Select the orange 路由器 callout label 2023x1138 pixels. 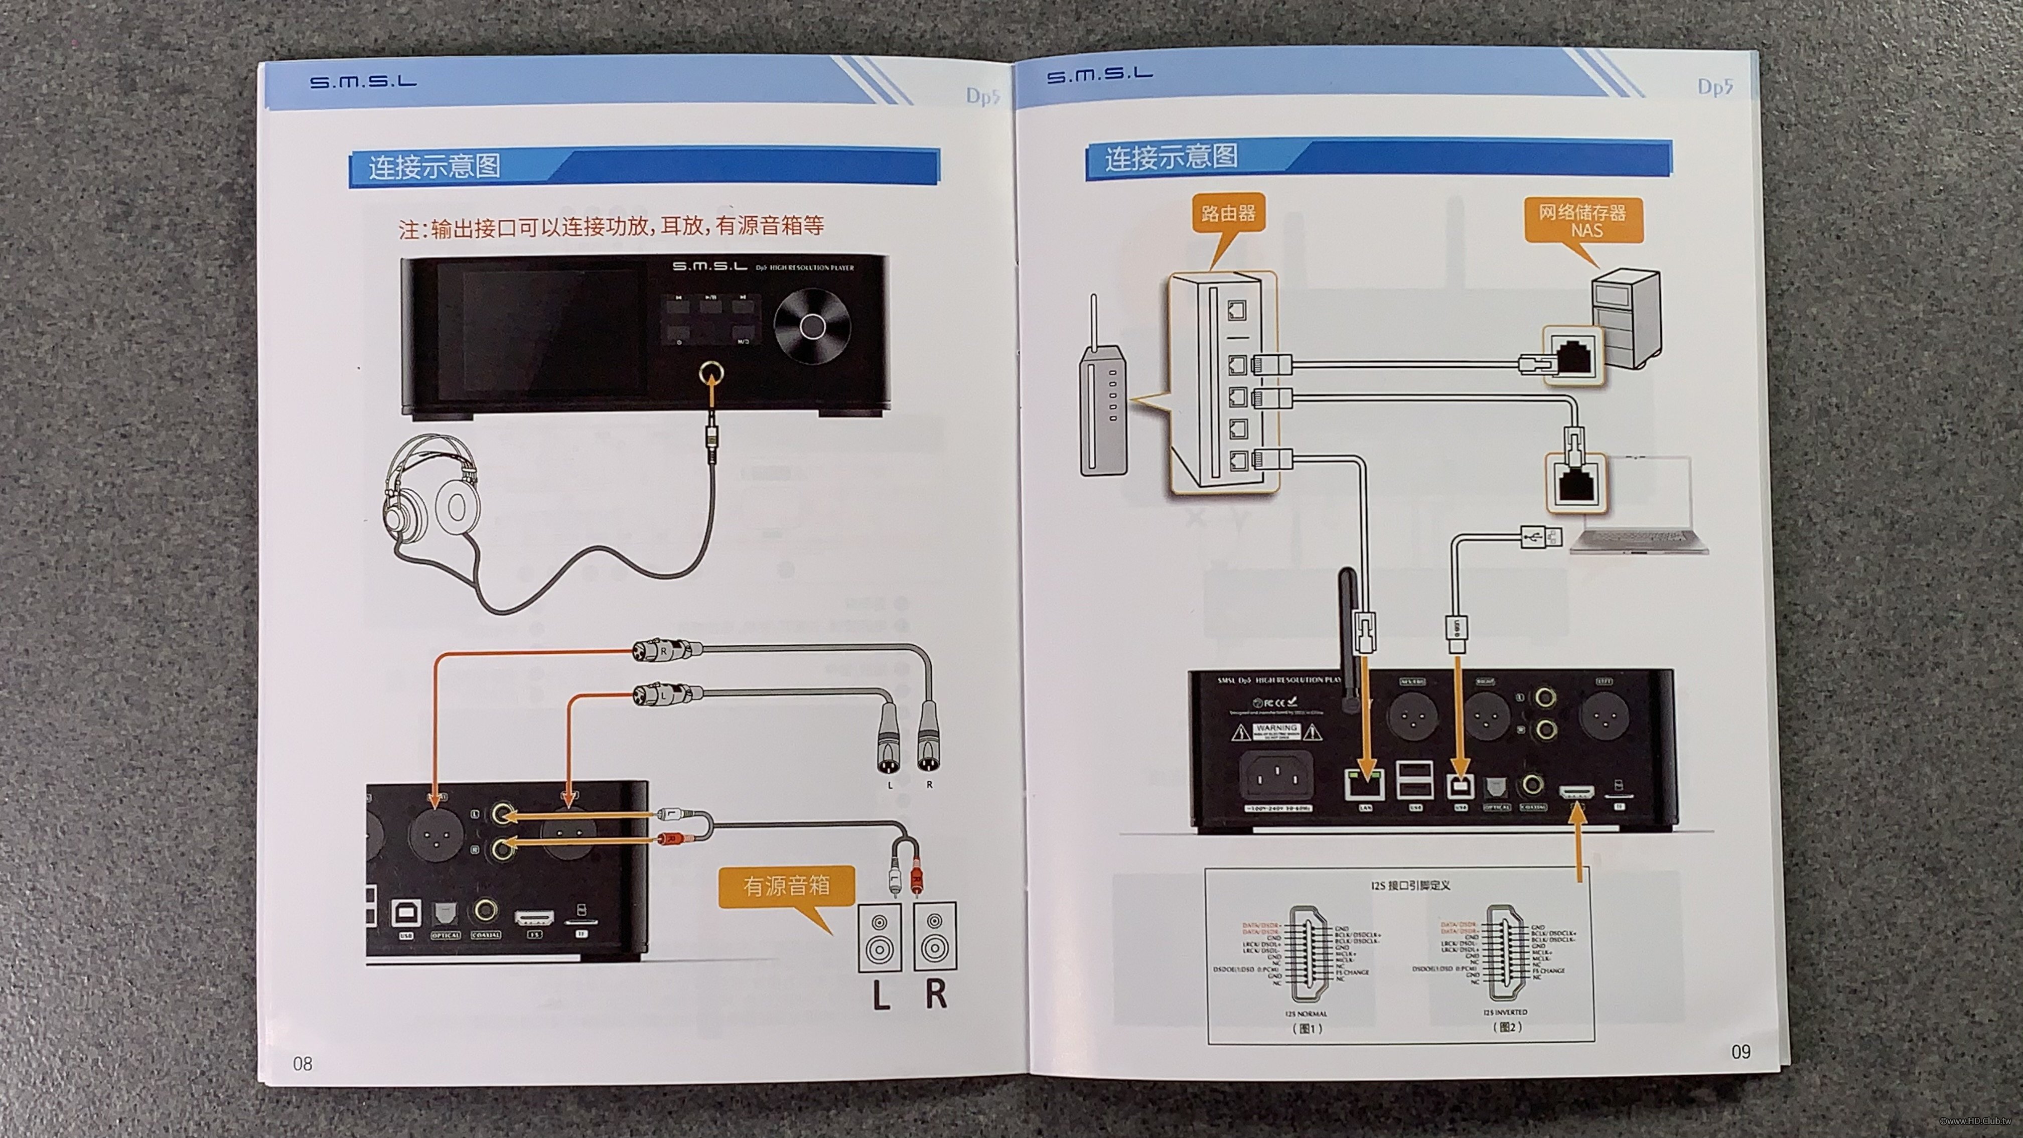tap(1228, 213)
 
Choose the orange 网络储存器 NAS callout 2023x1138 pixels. tap(1582, 221)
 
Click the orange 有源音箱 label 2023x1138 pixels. tap(786, 886)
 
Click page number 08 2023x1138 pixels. tap(303, 1063)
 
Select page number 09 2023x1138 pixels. tap(1741, 1052)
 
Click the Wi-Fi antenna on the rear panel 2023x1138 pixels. tap(1348, 636)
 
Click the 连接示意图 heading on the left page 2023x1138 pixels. tap(435, 167)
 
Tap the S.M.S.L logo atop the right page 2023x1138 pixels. tap(1099, 75)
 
